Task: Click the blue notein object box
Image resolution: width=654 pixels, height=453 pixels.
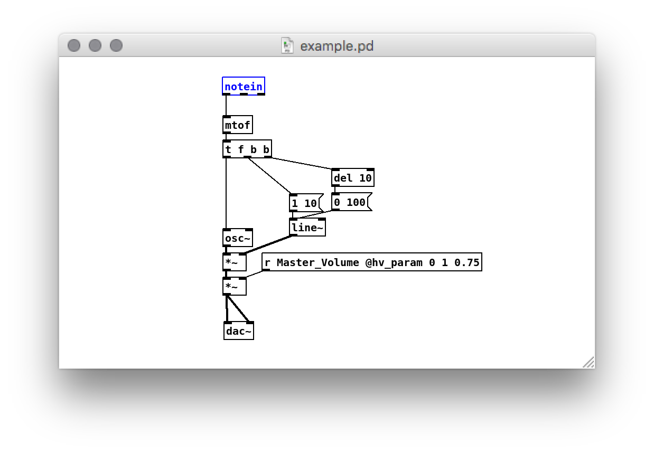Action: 243,86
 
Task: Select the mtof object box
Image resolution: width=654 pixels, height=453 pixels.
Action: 237,125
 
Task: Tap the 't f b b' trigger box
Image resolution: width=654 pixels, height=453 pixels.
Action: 247,149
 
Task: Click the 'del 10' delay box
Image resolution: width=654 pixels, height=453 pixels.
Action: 352,178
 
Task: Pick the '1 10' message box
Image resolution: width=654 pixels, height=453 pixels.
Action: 305,203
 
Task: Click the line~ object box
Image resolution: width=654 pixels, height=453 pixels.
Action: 307,228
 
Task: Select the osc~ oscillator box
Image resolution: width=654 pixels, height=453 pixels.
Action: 238,238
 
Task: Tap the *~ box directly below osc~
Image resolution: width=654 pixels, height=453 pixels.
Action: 234,262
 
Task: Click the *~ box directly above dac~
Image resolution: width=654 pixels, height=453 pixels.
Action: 234,287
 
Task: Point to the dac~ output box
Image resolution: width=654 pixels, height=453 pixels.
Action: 238,331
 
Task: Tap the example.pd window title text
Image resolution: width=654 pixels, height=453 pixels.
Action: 337,46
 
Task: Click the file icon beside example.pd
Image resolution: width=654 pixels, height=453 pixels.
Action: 287,46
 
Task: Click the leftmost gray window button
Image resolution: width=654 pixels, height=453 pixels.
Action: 74,45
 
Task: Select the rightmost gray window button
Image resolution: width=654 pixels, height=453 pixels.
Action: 116,45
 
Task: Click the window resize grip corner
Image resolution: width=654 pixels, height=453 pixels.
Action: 589,363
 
